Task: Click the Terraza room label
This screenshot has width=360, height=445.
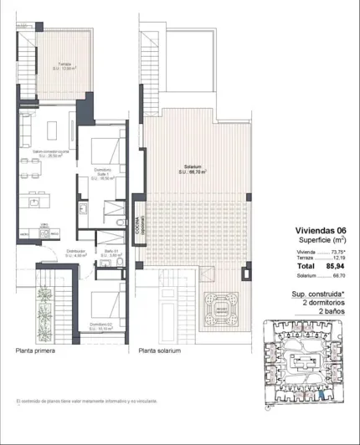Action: point(58,66)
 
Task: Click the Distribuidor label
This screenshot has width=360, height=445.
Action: point(53,253)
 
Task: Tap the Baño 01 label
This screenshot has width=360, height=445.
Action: point(100,253)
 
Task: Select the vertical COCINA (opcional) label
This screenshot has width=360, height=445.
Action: point(132,223)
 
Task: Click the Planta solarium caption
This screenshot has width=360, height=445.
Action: point(160,351)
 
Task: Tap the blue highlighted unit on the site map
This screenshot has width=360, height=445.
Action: point(314,386)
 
